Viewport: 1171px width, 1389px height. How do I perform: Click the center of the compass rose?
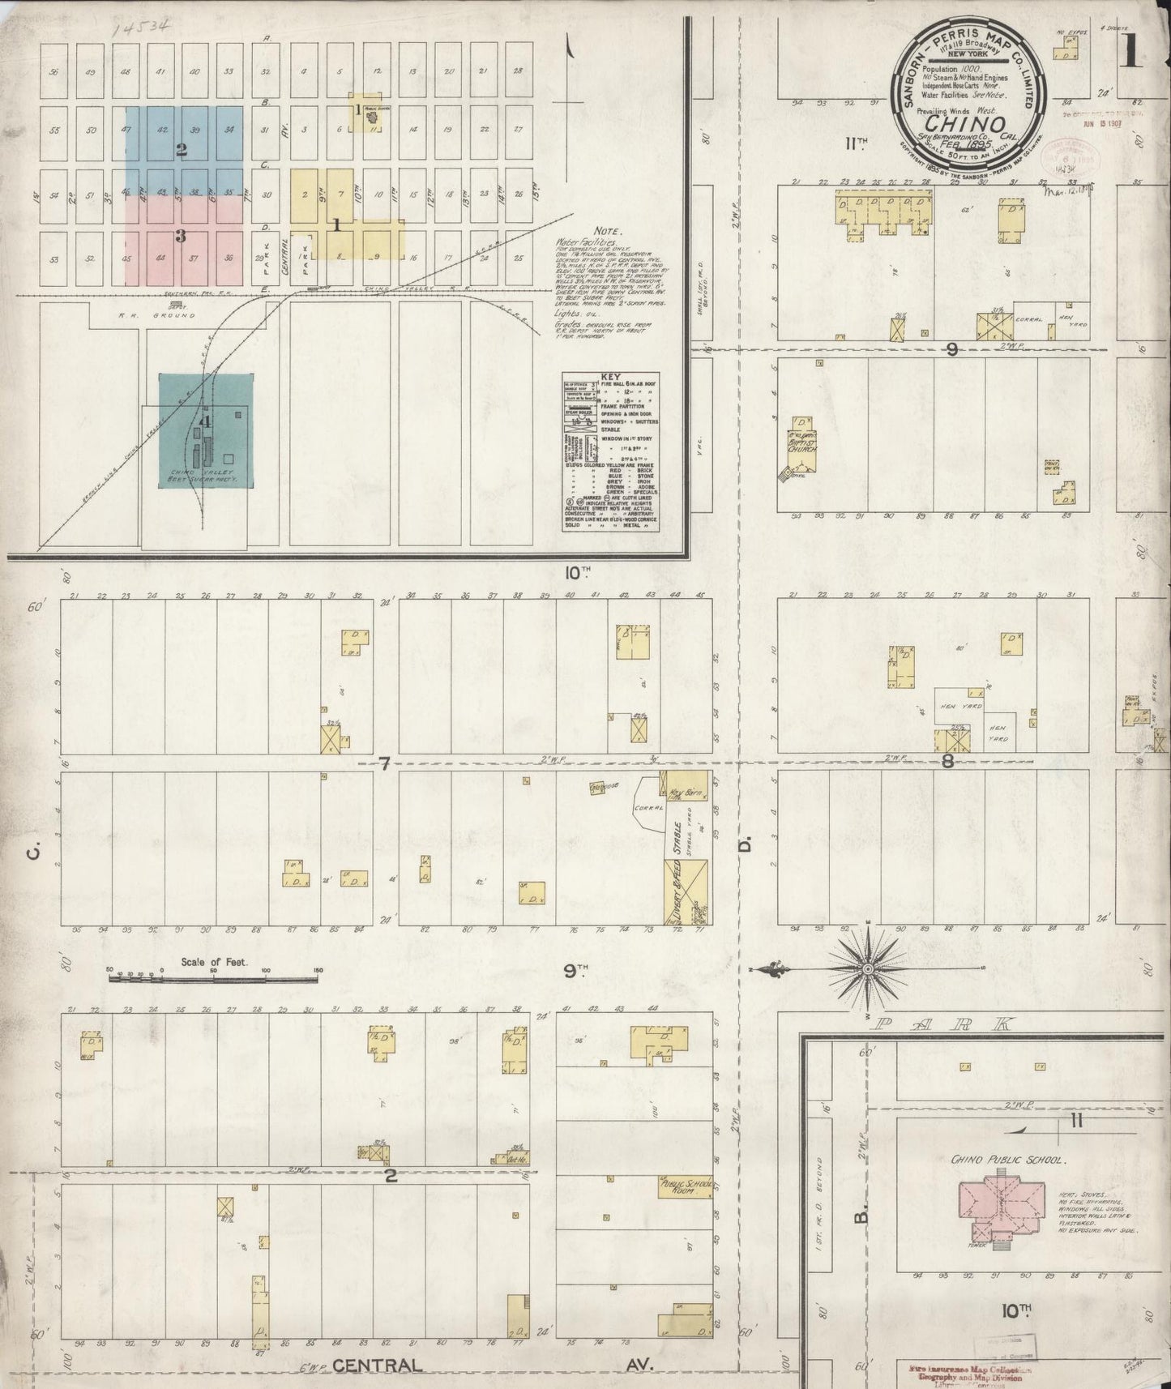pos(868,968)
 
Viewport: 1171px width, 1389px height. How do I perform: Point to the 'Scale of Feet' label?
pos(213,963)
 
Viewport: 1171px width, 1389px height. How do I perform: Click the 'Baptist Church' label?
pos(805,444)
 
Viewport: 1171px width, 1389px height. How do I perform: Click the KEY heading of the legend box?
pos(610,378)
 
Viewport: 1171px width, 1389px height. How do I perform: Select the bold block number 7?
pos(385,763)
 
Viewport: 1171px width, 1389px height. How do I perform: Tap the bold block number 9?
pos(952,349)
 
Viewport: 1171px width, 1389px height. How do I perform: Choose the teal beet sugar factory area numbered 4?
pos(206,430)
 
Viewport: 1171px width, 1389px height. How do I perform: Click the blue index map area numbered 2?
pos(182,150)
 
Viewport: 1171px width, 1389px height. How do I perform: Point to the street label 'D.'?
pos(746,846)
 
